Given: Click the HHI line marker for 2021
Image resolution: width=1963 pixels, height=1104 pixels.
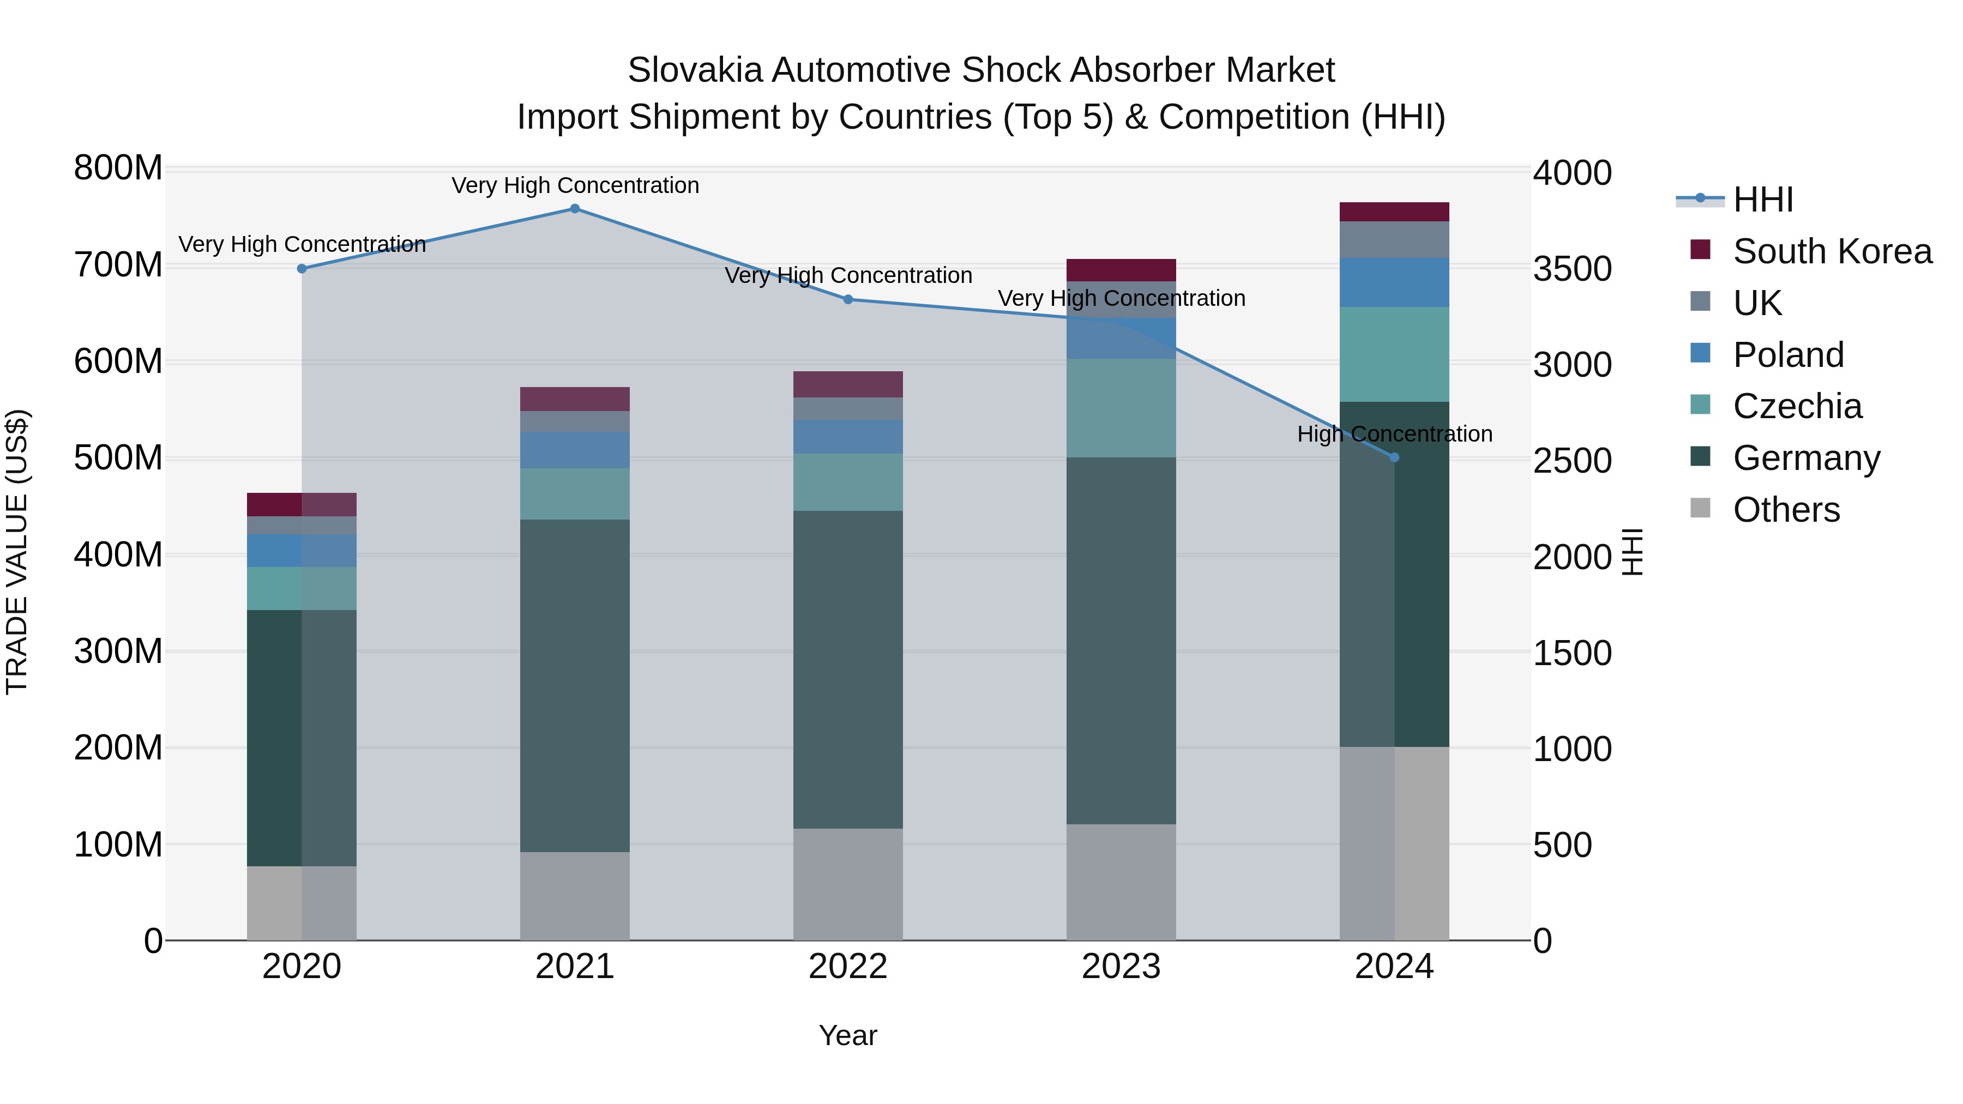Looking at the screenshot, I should pos(575,209).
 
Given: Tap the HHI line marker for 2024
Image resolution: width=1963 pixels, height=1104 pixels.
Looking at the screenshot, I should pos(1394,457).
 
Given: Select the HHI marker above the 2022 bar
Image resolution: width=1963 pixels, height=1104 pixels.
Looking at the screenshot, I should pos(848,299).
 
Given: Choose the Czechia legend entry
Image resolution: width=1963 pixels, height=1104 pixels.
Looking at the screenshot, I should pos(1796,406).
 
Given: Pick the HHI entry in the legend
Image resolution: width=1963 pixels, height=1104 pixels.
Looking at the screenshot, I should pos(1762,200).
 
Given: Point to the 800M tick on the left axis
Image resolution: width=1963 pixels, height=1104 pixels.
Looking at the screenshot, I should pos(118,167).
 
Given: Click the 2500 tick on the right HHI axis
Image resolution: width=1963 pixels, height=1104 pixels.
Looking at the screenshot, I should pos(1571,461).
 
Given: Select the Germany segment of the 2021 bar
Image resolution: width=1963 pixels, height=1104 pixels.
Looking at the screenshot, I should pos(575,686).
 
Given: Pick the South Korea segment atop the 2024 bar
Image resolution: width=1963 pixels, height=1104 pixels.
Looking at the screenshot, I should pos(1394,212).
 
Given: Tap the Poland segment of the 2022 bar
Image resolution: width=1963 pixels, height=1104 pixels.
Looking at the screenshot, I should pos(848,437).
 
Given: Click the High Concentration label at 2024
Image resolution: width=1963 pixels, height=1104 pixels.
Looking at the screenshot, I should pos(1394,435).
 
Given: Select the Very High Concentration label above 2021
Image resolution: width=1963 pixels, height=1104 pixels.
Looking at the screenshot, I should pos(575,185).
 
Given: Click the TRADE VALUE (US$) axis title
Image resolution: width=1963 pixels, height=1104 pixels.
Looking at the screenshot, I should pos(17,552).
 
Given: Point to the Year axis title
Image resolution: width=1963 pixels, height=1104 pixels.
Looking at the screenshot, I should pos(847,1035).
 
